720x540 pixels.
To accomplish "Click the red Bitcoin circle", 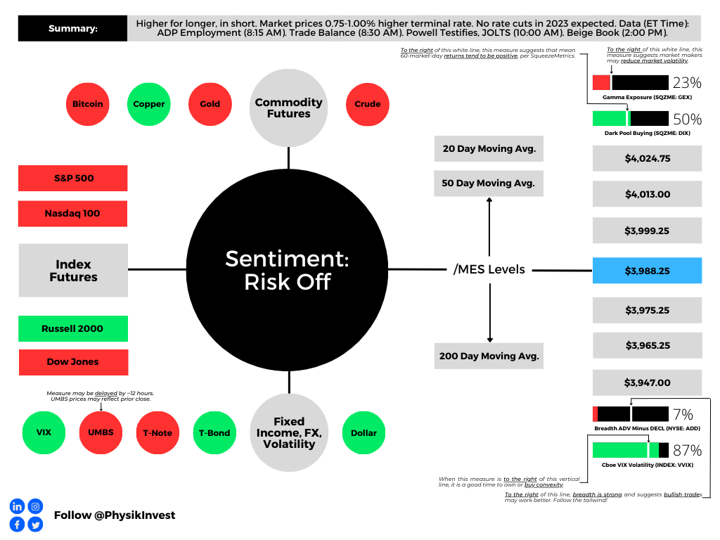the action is pos(88,104).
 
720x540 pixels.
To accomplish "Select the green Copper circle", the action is pos(149,104).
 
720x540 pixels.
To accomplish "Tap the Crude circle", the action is pos(367,104).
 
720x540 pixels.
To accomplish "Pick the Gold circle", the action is pos(210,104).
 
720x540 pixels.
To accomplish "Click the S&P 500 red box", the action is pos(73,178).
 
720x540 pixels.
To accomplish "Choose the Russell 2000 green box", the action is pos(73,328).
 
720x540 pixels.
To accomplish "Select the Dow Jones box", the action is pos(73,362).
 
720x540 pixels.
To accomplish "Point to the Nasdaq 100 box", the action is pos(72,214).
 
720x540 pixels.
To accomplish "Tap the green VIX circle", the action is pos(44,432).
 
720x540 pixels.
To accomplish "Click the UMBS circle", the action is pos(101,432).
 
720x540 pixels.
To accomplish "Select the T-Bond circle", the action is pos(214,432).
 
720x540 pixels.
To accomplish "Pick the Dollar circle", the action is pos(364,432).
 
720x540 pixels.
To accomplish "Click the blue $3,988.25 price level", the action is pos(647,271).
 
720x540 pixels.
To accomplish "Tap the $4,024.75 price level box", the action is pos(647,158).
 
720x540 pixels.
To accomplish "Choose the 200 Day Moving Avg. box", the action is pos(489,356).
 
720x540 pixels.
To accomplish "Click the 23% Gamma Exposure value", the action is pos(687,83).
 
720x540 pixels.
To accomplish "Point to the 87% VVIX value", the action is pos(688,450).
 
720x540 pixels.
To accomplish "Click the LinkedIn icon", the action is pos(17,506).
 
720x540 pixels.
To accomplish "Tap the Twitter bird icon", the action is pos(35,524).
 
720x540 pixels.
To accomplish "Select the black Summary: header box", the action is pos(72,28).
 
